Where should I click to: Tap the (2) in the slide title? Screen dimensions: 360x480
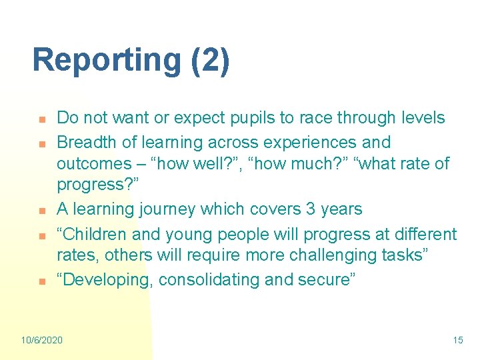click(209, 61)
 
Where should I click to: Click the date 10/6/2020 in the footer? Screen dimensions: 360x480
click(41, 340)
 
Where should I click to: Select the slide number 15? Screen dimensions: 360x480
click(457, 340)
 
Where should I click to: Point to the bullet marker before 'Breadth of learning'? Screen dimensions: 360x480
click(41, 143)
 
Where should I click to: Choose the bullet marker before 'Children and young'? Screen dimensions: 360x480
click(41, 235)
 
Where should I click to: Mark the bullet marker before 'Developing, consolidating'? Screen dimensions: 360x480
click(41, 281)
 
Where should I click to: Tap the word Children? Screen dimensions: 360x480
click(97, 234)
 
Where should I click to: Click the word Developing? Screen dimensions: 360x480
click(107, 280)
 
